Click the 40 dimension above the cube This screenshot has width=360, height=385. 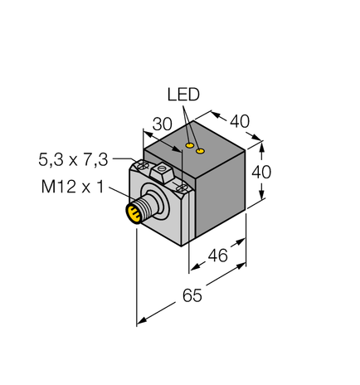pyautogui.click(x=241, y=121)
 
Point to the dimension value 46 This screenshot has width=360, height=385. pyautogui.click(x=218, y=256)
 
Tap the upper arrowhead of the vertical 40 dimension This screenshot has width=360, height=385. pyautogui.click(x=261, y=146)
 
